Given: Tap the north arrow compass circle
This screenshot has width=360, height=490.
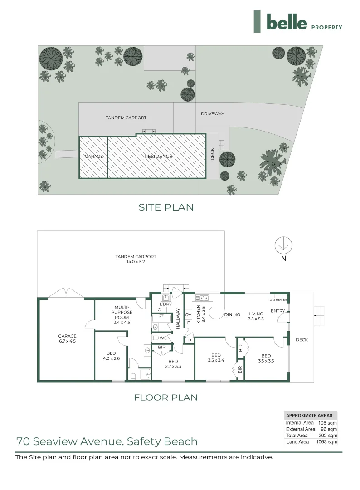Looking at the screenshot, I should point(283,245).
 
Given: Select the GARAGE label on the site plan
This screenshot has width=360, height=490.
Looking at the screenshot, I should point(94,157).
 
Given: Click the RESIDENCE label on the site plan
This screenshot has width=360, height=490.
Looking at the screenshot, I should point(158,157).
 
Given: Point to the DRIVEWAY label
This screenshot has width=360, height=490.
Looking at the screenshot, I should point(212,114).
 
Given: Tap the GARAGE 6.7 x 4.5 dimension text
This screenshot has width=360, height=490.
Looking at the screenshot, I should point(67,338).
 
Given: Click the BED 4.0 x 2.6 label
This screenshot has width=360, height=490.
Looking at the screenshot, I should point(111,356).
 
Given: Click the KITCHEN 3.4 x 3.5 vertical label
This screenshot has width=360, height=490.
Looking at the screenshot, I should point(200,314).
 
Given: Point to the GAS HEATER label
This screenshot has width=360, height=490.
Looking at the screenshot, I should point(278,300).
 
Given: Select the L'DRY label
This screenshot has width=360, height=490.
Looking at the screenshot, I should point(166,304).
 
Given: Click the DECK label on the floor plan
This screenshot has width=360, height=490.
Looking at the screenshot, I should point(302,340).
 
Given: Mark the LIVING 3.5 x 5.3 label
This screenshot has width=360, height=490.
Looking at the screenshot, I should point(256,316).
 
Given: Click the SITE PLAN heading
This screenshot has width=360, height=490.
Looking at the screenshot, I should point(166,207).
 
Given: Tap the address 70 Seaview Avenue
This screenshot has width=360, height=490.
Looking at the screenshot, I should point(107,441).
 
